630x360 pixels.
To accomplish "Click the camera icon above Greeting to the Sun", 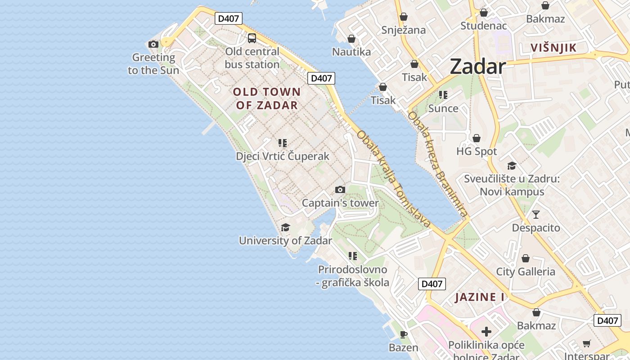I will pyautogui.click(x=153, y=44).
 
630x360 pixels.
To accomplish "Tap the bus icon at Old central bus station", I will pyautogui.click(x=252, y=38).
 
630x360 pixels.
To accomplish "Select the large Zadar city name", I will pyautogui.click(x=478, y=67).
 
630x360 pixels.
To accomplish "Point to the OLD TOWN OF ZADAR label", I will pyautogui.click(x=267, y=99).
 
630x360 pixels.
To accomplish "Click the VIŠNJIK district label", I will pyautogui.click(x=553, y=48).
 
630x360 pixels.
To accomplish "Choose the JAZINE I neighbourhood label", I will pyautogui.click(x=480, y=297).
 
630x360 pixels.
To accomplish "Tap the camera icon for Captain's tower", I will pyautogui.click(x=340, y=190).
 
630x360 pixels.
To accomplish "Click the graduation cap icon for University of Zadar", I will pyautogui.click(x=285, y=227).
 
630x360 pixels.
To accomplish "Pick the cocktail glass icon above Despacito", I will pyautogui.click(x=536, y=214).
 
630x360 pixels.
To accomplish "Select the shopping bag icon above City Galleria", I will pyautogui.click(x=526, y=258).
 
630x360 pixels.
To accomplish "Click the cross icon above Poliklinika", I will pyautogui.click(x=486, y=332).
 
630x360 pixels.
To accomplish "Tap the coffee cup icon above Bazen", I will pyautogui.click(x=404, y=334).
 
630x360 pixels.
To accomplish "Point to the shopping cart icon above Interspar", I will pyautogui.click(x=587, y=343).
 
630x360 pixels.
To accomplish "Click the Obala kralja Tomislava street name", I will pyautogui.click(x=394, y=179).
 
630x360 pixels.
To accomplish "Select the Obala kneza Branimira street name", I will pyautogui.click(x=438, y=164).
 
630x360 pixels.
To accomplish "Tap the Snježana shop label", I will pyautogui.click(x=404, y=30).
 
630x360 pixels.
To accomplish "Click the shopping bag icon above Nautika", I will pyautogui.click(x=351, y=39).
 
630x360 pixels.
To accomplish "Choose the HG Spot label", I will pyautogui.click(x=477, y=151).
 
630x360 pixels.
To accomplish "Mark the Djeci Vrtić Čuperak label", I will pyautogui.click(x=283, y=156).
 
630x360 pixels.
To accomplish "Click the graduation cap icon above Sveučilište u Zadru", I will pyautogui.click(x=512, y=166).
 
